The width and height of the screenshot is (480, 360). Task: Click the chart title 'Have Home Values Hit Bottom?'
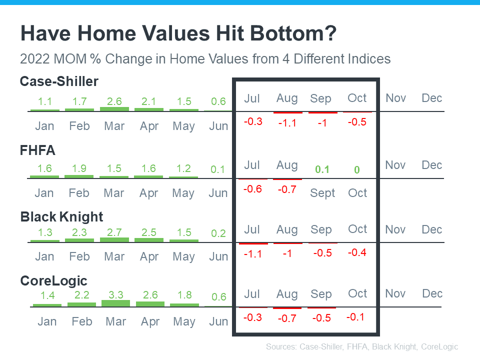point(178,34)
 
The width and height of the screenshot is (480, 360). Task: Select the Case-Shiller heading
point(59,81)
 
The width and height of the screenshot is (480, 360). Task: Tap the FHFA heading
point(37,149)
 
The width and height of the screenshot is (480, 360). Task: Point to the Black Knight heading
point(61,216)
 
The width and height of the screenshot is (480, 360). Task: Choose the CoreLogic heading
point(54,280)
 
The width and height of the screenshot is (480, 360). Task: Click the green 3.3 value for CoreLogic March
point(115,295)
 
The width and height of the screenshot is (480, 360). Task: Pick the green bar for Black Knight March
point(114,239)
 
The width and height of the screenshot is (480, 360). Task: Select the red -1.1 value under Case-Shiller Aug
point(287,122)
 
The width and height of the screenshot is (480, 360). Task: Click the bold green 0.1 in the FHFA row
point(322,169)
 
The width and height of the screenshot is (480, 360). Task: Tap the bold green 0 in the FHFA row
point(357,170)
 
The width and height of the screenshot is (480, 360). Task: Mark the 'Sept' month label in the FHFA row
point(322,193)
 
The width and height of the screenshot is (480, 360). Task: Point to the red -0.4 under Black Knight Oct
point(357,252)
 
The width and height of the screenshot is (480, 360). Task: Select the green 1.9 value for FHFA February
point(79,168)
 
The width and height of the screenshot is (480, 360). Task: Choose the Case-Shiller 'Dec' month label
point(432,98)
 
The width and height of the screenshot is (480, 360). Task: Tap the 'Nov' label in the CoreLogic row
point(395,293)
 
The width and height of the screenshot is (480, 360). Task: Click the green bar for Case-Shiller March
point(114,108)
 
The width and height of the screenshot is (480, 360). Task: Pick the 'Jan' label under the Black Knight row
point(44,257)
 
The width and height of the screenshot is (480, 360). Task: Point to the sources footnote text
point(362,346)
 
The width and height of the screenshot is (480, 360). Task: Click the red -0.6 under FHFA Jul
point(252,189)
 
